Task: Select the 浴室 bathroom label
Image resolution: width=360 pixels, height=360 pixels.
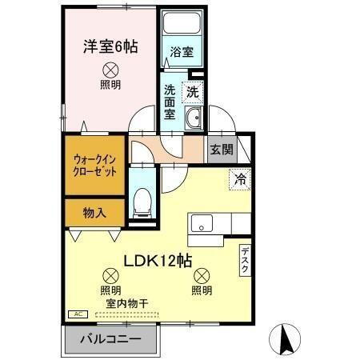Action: (x=182, y=53)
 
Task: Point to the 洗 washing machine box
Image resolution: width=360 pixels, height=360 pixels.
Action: (x=193, y=92)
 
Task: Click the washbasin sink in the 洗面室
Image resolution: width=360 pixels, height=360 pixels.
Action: (x=194, y=122)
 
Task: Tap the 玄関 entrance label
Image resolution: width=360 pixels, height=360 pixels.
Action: (x=221, y=149)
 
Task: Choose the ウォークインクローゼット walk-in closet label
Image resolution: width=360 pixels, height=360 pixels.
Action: (x=95, y=166)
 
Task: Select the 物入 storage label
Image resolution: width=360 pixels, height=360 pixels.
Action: (x=95, y=212)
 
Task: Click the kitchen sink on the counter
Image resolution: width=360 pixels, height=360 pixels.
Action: (x=200, y=222)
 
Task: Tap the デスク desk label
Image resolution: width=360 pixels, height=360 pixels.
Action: (x=245, y=261)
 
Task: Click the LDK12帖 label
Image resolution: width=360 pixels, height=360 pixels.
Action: (x=156, y=260)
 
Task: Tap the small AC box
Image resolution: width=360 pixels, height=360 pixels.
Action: (x=78, y=315)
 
